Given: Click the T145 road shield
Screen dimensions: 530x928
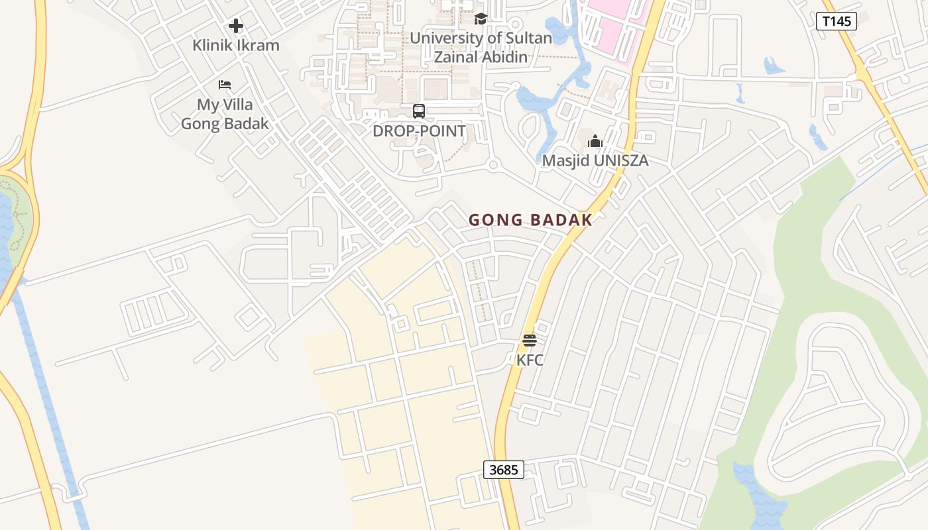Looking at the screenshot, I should pyautogui.click(x=836, y=21).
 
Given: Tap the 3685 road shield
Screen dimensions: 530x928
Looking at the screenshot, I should pyautogui.click(x=503, y=470).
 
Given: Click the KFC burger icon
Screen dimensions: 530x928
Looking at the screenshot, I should pyautogui.click(x=530, y=341).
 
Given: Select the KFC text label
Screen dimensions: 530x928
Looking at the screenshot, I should pyautogui.click(x=530, y=360).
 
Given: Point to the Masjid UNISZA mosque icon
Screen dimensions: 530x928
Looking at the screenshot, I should pyautogui.click(x=595, y=141).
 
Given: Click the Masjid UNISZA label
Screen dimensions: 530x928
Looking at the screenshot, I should pyautogui.click(x=595, y=160).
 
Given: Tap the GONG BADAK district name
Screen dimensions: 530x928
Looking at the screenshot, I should pyautogui.click(x=530, y=220).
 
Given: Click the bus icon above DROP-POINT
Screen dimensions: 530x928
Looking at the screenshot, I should pyautogui.click(x=419, y=111).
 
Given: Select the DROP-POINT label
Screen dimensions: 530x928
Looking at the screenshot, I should pyautogui.click(x=419, y=131).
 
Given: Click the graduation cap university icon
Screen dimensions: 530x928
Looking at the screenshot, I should pyautogui.click(x=481, y=19).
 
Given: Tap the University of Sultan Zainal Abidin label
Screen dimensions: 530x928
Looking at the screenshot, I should pyautogui.click(x=481, y=47).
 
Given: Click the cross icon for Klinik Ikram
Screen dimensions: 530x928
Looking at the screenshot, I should pyautogui.click(x=236, y=26).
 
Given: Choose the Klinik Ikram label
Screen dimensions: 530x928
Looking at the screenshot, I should pyautogui.click(x=236, y=46).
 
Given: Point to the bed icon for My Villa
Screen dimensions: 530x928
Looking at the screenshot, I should pyautogui.click(x=225, y=85).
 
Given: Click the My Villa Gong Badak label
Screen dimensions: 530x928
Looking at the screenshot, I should pyautogui.click(x=225, y=114).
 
